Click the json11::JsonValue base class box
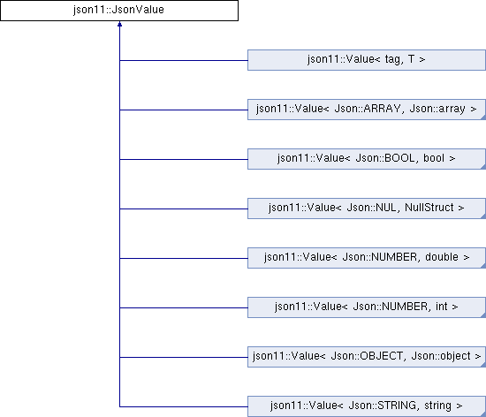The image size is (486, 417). [x=119, y=11]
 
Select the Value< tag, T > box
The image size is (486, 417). [x=367, y=60]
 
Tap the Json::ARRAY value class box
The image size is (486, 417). [x=367, y=110]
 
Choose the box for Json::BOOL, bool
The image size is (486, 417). [x=367, y=159]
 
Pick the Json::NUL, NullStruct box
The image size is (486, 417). [x=367, y=208]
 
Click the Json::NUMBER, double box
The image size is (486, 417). [x=367, y=258]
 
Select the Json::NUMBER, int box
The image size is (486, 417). [x=367, y=307]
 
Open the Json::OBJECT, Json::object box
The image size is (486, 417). [x=367, y=357]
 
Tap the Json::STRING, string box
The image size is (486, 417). [x=367, y=406]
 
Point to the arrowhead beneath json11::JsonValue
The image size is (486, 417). [x=119, y=24]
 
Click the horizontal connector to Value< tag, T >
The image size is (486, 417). [x=184, y=60]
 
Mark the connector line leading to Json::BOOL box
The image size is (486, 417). [x=184, y=159]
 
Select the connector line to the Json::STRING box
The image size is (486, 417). [x=184, y=406]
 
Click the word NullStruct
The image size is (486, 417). [x=429, y=208]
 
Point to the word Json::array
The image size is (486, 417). [x=437, y=109]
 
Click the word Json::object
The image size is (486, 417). [x=441, y=356]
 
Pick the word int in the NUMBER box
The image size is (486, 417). [x=441, y=307]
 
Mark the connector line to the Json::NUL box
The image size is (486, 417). [x=184, y=208]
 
